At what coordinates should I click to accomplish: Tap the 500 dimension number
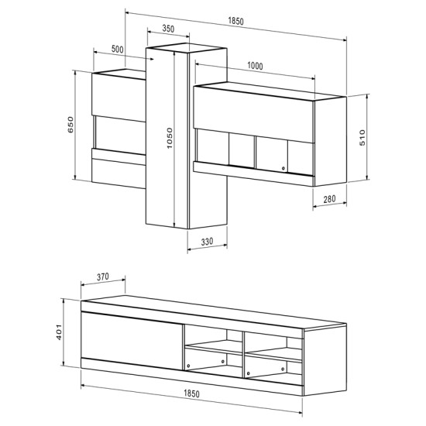118,49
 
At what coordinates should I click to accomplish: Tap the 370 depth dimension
108,277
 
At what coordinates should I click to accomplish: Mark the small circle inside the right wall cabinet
284,168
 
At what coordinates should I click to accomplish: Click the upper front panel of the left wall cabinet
118,95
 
